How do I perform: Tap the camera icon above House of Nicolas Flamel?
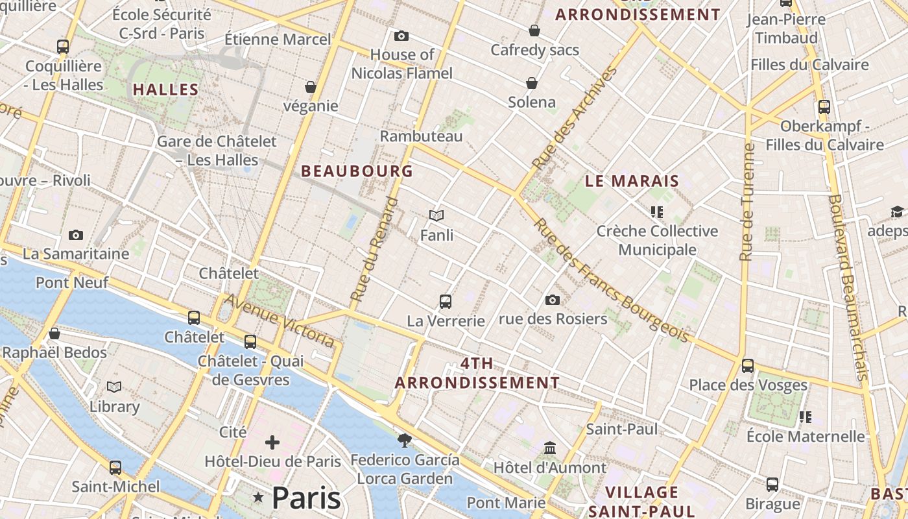(401, 36)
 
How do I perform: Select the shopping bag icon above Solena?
(532, 83)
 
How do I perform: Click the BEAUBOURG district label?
(357, 171)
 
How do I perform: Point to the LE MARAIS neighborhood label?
(632, 181)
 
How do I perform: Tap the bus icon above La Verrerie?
(445, 301)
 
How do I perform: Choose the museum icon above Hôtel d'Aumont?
(550, 448)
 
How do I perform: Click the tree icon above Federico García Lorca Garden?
(405, 441)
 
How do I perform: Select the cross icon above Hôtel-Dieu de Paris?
(272, 442)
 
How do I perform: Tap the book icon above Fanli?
(436, 215)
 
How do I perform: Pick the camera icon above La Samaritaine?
(76, 235)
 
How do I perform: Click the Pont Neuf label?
(72, 282)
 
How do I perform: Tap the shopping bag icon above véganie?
(311, 87)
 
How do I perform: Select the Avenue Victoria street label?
(280, 320)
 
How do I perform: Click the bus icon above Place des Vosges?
(748, 366)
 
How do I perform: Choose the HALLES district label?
(165, 90)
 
